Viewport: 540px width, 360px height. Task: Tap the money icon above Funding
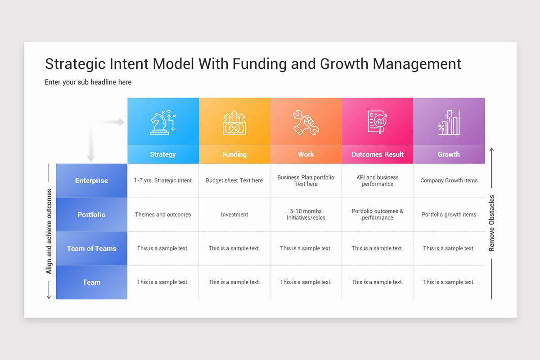point(234,123)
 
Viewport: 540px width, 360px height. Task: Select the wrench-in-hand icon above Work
point(306,122)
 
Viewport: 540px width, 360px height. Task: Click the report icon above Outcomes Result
point(377,122)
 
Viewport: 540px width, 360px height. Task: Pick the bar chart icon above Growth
point(449,122)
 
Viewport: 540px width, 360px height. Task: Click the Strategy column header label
point(163,154)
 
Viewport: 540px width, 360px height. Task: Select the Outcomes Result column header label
point(377,154)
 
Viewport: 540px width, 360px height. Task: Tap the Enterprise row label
point(91,180)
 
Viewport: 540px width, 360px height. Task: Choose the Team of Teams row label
point(91,248)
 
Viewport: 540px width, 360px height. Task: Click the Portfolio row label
point(91,215)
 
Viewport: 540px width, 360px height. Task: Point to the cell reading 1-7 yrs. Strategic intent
point(163,180)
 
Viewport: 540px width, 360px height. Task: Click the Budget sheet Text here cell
point(234,180)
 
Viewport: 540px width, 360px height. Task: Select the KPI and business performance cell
point(377,180)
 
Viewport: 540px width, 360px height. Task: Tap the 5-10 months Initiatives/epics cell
point(306,214)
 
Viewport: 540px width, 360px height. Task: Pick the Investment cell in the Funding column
point(234,215)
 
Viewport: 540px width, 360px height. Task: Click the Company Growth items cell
point(449,180)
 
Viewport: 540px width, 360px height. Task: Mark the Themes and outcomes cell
point(163,215)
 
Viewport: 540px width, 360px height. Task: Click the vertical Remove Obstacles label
point(491,223)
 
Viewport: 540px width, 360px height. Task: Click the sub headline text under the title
point(88,82)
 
